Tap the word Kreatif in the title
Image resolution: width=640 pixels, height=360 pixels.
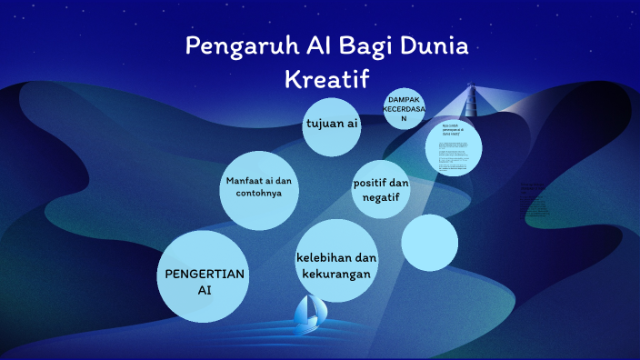[328, 78]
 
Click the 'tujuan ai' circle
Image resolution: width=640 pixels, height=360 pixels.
[332, 125]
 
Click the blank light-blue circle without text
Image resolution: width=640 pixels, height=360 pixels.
[429, 243]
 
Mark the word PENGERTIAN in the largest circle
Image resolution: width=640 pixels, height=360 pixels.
[204, 272]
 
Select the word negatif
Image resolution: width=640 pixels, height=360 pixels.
[381, 198]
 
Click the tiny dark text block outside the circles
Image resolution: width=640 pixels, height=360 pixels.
[535, 199]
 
